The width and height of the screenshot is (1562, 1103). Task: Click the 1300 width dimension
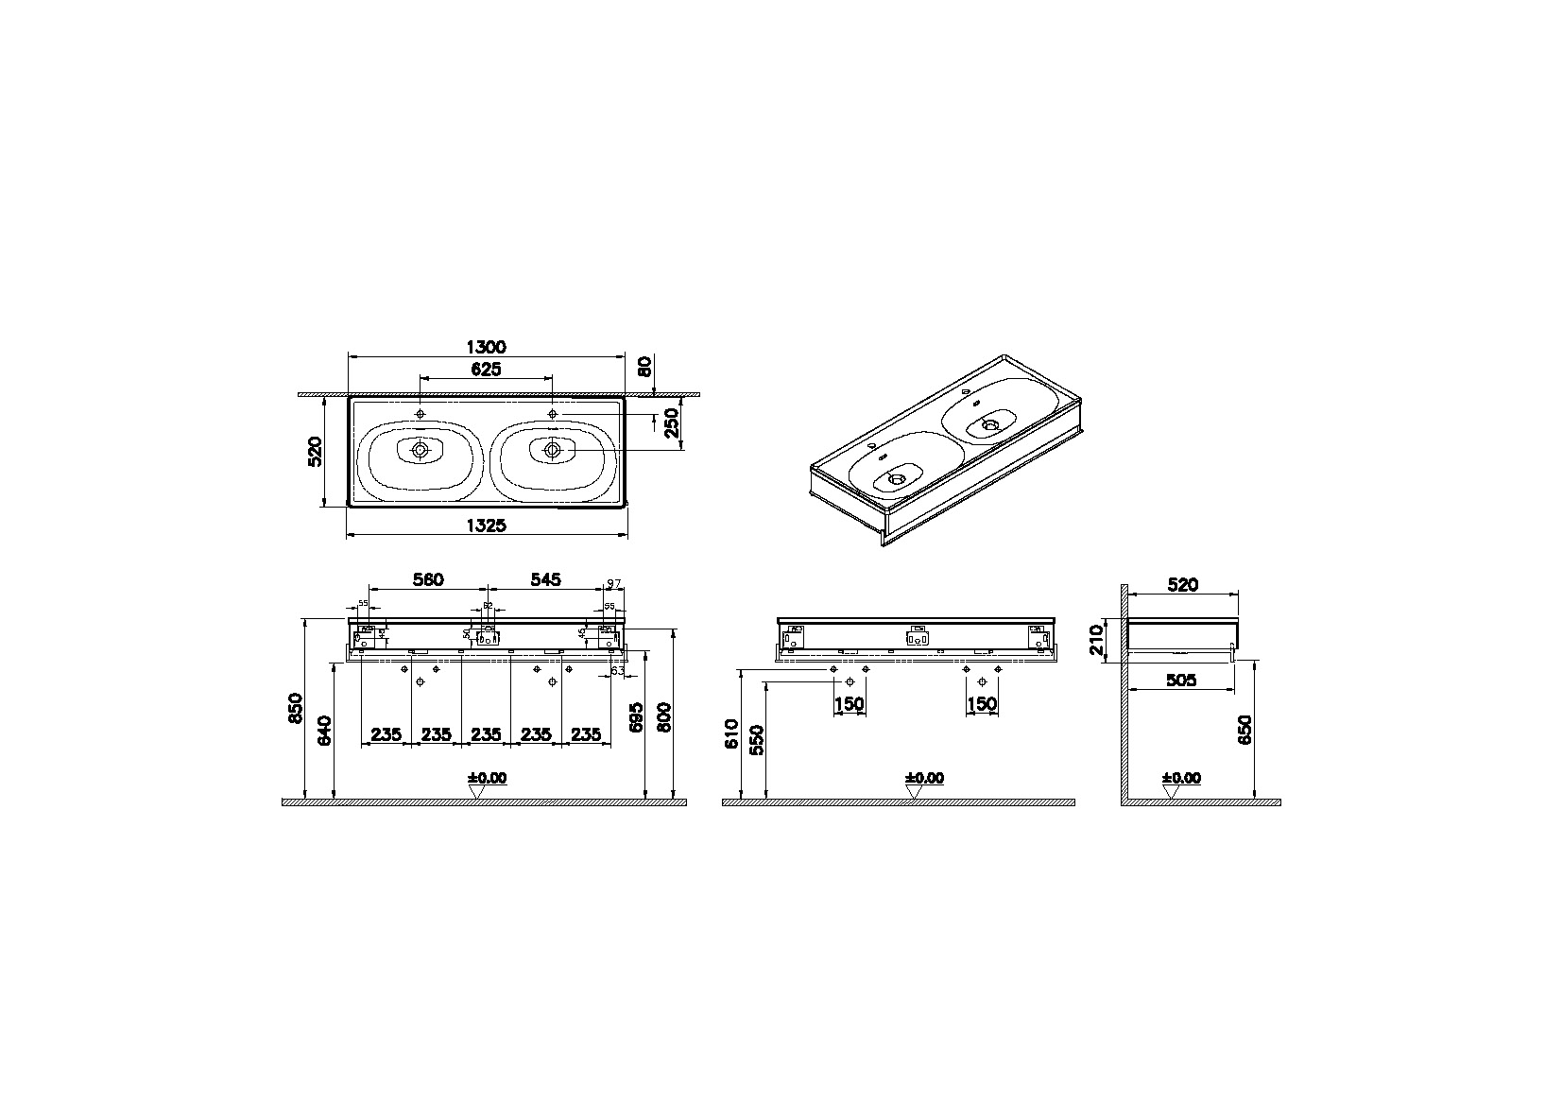pos(487,347)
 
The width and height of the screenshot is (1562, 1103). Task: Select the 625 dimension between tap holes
pos(485,369)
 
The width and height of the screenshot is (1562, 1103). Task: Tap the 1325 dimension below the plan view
pos(487,526)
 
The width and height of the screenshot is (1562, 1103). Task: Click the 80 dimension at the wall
pos(644,366)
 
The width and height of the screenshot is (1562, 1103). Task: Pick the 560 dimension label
pos(427,579)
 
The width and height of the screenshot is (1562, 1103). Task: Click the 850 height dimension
pos(295,708)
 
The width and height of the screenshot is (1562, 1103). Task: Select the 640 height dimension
pos(324,732)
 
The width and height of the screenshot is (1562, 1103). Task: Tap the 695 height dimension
pos(636,716)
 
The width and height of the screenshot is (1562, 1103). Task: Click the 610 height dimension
pos(730,732)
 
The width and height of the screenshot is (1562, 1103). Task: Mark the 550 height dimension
pos(755,740)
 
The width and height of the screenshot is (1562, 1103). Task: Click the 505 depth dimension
pos(1181,680)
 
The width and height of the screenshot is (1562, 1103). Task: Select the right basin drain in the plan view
pos(552,450)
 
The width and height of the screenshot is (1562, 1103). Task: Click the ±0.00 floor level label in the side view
pos(1181,778)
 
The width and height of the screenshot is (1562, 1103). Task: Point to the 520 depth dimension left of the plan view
pos(317,452)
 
